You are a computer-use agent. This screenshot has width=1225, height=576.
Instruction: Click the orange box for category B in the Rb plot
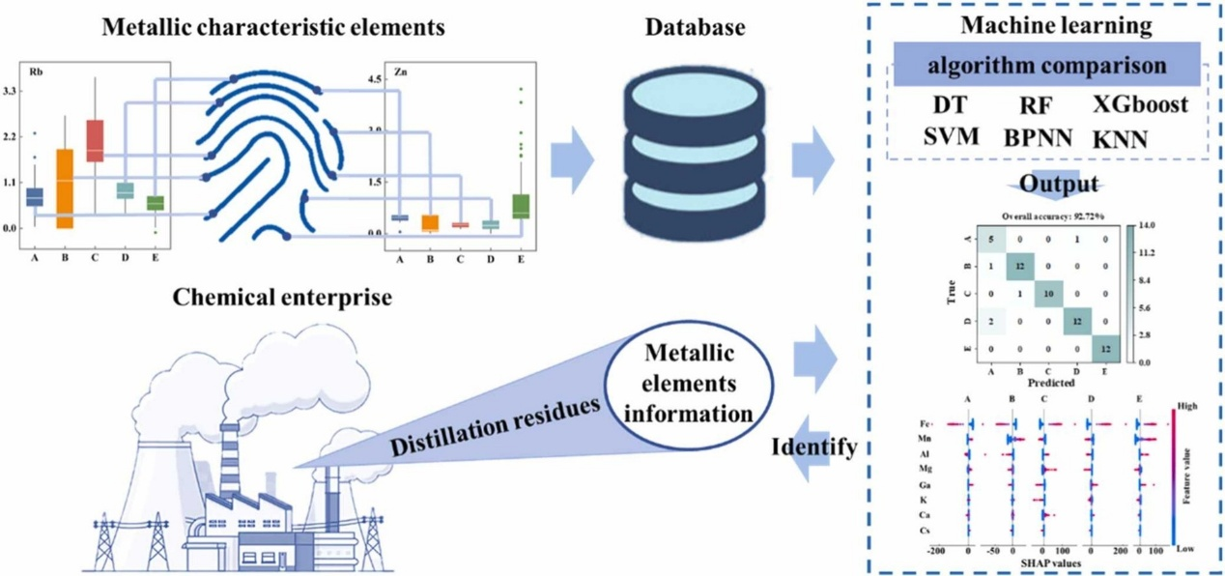click(x=65, y=188)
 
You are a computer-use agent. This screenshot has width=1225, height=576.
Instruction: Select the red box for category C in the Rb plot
click(x=95, y=140)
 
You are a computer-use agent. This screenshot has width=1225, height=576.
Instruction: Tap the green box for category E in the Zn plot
click(x=522, y=206)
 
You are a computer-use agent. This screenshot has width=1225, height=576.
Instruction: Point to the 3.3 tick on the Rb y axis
click(x=11, y=91)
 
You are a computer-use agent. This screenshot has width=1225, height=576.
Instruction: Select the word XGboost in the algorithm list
click(x=1140, y=104)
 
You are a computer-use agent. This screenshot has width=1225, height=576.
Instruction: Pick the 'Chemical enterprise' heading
click(x=282, y=297)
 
